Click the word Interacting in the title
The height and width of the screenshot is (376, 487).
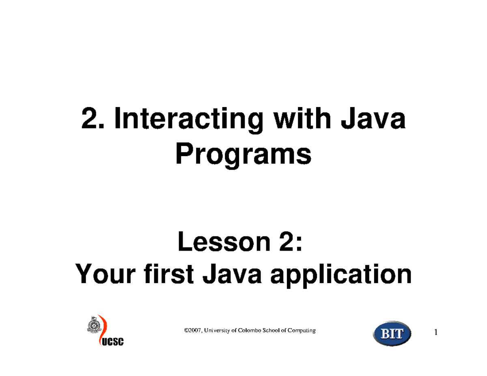pyautogui.click(x=189, y=120)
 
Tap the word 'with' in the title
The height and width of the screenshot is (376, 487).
pyautogui.click(x=302, y=118)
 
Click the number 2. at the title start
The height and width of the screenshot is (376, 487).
pyautogui.click(x=93, y=118)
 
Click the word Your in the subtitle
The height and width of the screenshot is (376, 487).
pyautogui.click(x=105, y=274)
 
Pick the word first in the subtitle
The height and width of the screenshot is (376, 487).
pyautogui.click(x=169, y=274)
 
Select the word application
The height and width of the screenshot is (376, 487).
pyautogui.click(x=341, y=276)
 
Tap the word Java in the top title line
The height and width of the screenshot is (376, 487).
pyautogui.click(x=373, y=118)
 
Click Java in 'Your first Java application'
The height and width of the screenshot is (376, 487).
pyautogui.click(x=232, y=274)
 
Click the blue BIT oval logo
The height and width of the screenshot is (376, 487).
pyautogui.click(x=392, y=334)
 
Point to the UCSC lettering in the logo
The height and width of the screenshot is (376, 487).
pyautogui.click(x=113, y=342)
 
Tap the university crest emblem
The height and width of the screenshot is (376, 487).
pyautogui.click(x=94, y=325)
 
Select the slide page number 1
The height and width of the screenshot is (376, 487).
pyautogui.click(x=436, y=332)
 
